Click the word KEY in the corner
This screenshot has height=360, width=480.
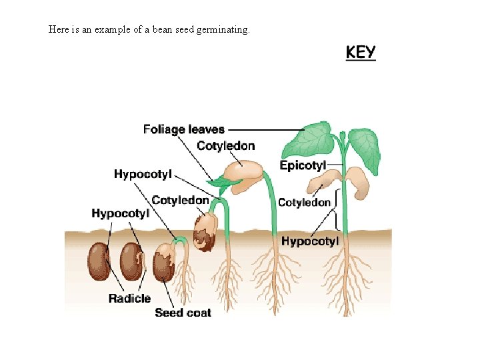click(361, 53)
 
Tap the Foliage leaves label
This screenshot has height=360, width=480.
click(184, 129)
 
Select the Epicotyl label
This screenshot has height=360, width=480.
click(303, 165)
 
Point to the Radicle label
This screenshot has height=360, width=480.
click(129, 299)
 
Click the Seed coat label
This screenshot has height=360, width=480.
click(183, 312)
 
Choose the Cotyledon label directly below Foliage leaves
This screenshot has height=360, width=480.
click(225, 146)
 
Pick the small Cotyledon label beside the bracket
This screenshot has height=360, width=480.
click(304, 202)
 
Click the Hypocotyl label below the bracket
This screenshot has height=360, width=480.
click(310, 241)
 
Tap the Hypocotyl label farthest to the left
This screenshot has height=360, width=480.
click(120, 213)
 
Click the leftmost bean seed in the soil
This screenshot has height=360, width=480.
click(101, 261)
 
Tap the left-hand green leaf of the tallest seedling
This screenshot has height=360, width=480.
click(311, 141)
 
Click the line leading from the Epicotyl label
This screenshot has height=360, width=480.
click(335, 164)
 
